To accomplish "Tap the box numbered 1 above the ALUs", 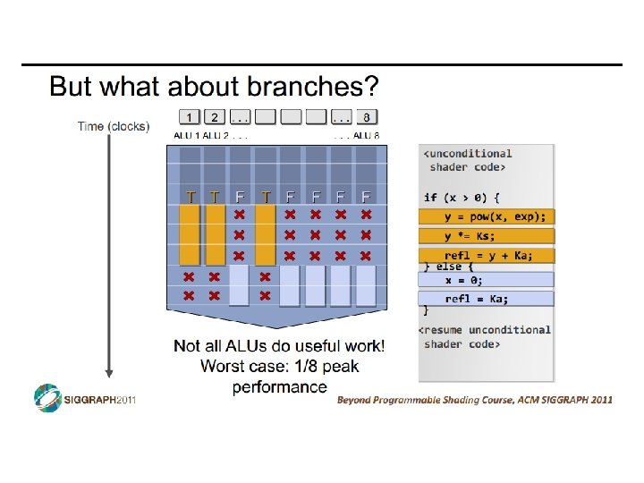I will [190, 116].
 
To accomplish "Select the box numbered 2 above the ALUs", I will [215, 116].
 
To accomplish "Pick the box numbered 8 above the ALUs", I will [366, 116].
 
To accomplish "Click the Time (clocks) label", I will [114, 126].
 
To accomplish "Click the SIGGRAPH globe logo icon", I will [47, 398].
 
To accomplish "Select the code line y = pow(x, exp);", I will [495, 216].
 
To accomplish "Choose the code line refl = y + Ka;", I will [488, 256].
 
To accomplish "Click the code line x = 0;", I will [465, 279].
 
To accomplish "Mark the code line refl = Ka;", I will [477, 299].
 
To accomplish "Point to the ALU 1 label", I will [186, 136].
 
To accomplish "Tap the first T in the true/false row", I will [190, 196].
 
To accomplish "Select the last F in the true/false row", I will [366, 196].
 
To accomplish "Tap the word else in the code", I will [448, 267].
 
